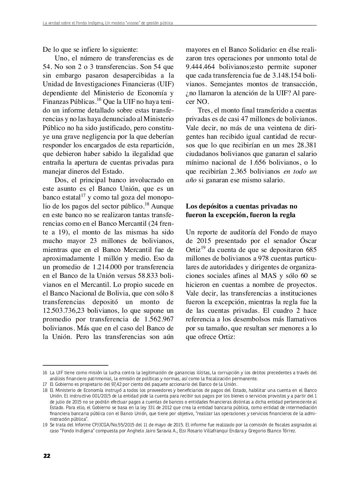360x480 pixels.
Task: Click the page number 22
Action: (46, 456)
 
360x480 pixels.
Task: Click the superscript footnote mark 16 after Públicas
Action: (99, 100)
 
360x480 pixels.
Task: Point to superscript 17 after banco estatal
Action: (83, 195)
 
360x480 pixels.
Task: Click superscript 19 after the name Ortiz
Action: (203, 247)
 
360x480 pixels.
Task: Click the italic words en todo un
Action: (300, 171)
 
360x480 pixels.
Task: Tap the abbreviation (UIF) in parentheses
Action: (165, 84)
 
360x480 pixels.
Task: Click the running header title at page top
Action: (108, 23)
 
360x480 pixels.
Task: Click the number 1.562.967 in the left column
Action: (155, 319)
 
